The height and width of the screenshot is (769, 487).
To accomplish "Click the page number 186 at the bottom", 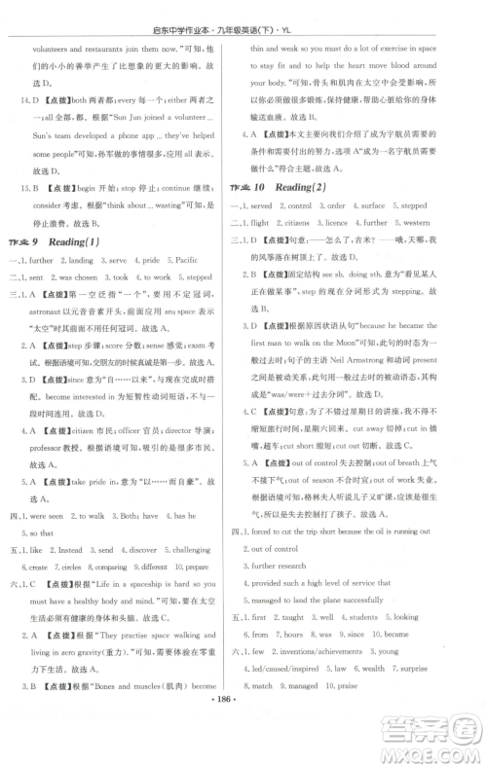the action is pos(243,754).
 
